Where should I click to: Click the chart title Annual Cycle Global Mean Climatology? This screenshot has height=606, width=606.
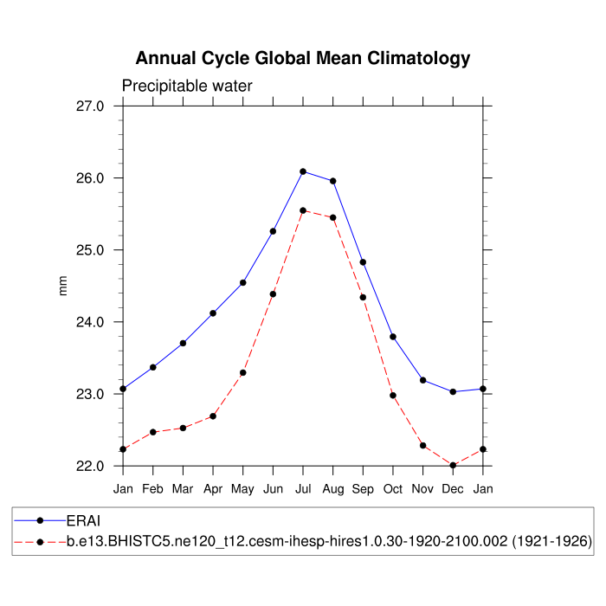click(303, 59)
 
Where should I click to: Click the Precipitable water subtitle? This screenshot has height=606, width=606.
click(187, 87)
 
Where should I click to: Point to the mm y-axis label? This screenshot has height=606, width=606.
click(62, 286)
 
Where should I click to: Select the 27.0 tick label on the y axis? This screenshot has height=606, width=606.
click(90, 106)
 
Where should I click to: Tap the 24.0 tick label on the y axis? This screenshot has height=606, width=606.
click(90, 322)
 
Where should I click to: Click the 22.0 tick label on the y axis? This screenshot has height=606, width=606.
click(90, 466)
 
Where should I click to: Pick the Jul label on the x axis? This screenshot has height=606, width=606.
click(303, 490)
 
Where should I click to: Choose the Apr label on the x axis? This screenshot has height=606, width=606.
click(213, 490)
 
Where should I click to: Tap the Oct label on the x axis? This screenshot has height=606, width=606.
click(393, 490)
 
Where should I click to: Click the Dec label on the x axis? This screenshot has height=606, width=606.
click(453, 490)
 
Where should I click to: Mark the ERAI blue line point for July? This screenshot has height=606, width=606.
click(303, 171)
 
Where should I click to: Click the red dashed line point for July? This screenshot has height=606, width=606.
click(303, 210)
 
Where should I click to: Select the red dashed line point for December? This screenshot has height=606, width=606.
click(453, 466)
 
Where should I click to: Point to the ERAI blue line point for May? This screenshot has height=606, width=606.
click(243, 282)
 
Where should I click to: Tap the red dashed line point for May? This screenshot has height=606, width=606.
click(243, 373)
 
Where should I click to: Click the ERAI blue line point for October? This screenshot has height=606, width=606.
click(393, 337)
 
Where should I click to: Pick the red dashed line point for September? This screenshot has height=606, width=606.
click(363, 298)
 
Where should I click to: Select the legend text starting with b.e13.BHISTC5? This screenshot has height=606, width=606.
click(329, 542)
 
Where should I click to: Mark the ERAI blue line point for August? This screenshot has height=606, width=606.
click(333, 181)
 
